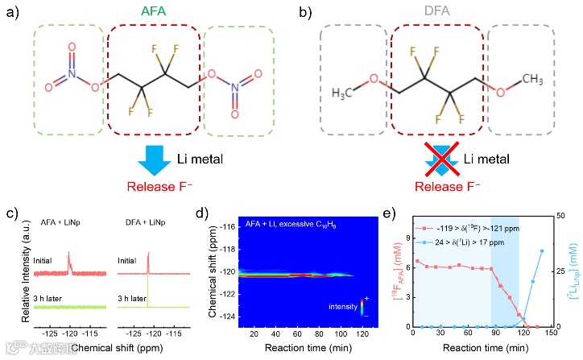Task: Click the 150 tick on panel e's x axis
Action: (x=551, y=333)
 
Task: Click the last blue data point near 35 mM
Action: (x=541, y=250)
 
